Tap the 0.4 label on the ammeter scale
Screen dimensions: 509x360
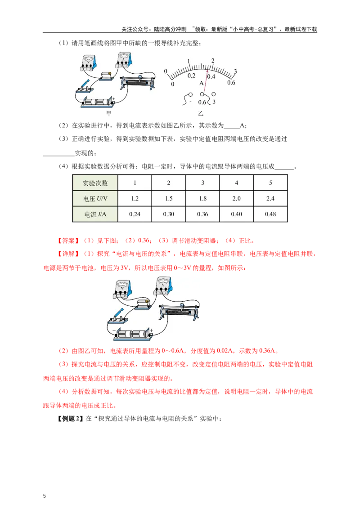point(211,76)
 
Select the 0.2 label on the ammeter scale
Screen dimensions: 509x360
point(192,76)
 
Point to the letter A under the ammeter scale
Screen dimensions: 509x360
point(202,83)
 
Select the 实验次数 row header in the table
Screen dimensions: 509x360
point(95,183)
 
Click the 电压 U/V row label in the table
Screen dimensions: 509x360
point(95,198)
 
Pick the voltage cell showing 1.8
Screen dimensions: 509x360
point(202,198)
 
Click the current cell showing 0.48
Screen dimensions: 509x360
point(270,214)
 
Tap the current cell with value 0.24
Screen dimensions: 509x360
point(135,214)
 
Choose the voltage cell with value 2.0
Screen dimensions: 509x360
point(236,198)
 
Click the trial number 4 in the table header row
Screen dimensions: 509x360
point(236,183)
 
